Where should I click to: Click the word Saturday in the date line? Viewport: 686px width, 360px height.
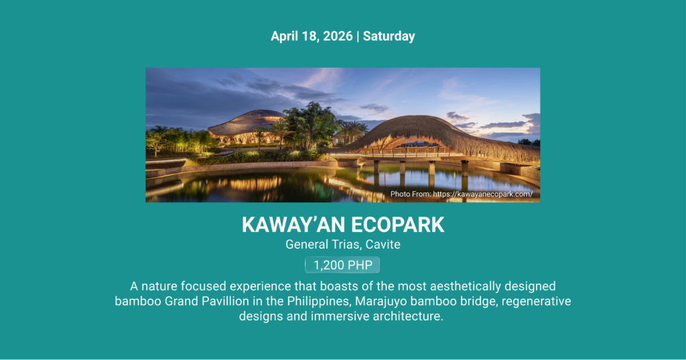[389, 36]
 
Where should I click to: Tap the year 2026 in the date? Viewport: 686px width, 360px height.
[338, 36]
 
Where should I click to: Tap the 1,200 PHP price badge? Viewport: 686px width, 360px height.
[342, 265]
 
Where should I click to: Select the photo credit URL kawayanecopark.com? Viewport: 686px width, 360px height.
[483, 194]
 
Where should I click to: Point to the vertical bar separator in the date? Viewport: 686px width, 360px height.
[358, 36]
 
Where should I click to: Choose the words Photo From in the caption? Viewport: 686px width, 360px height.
[411, 194]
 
